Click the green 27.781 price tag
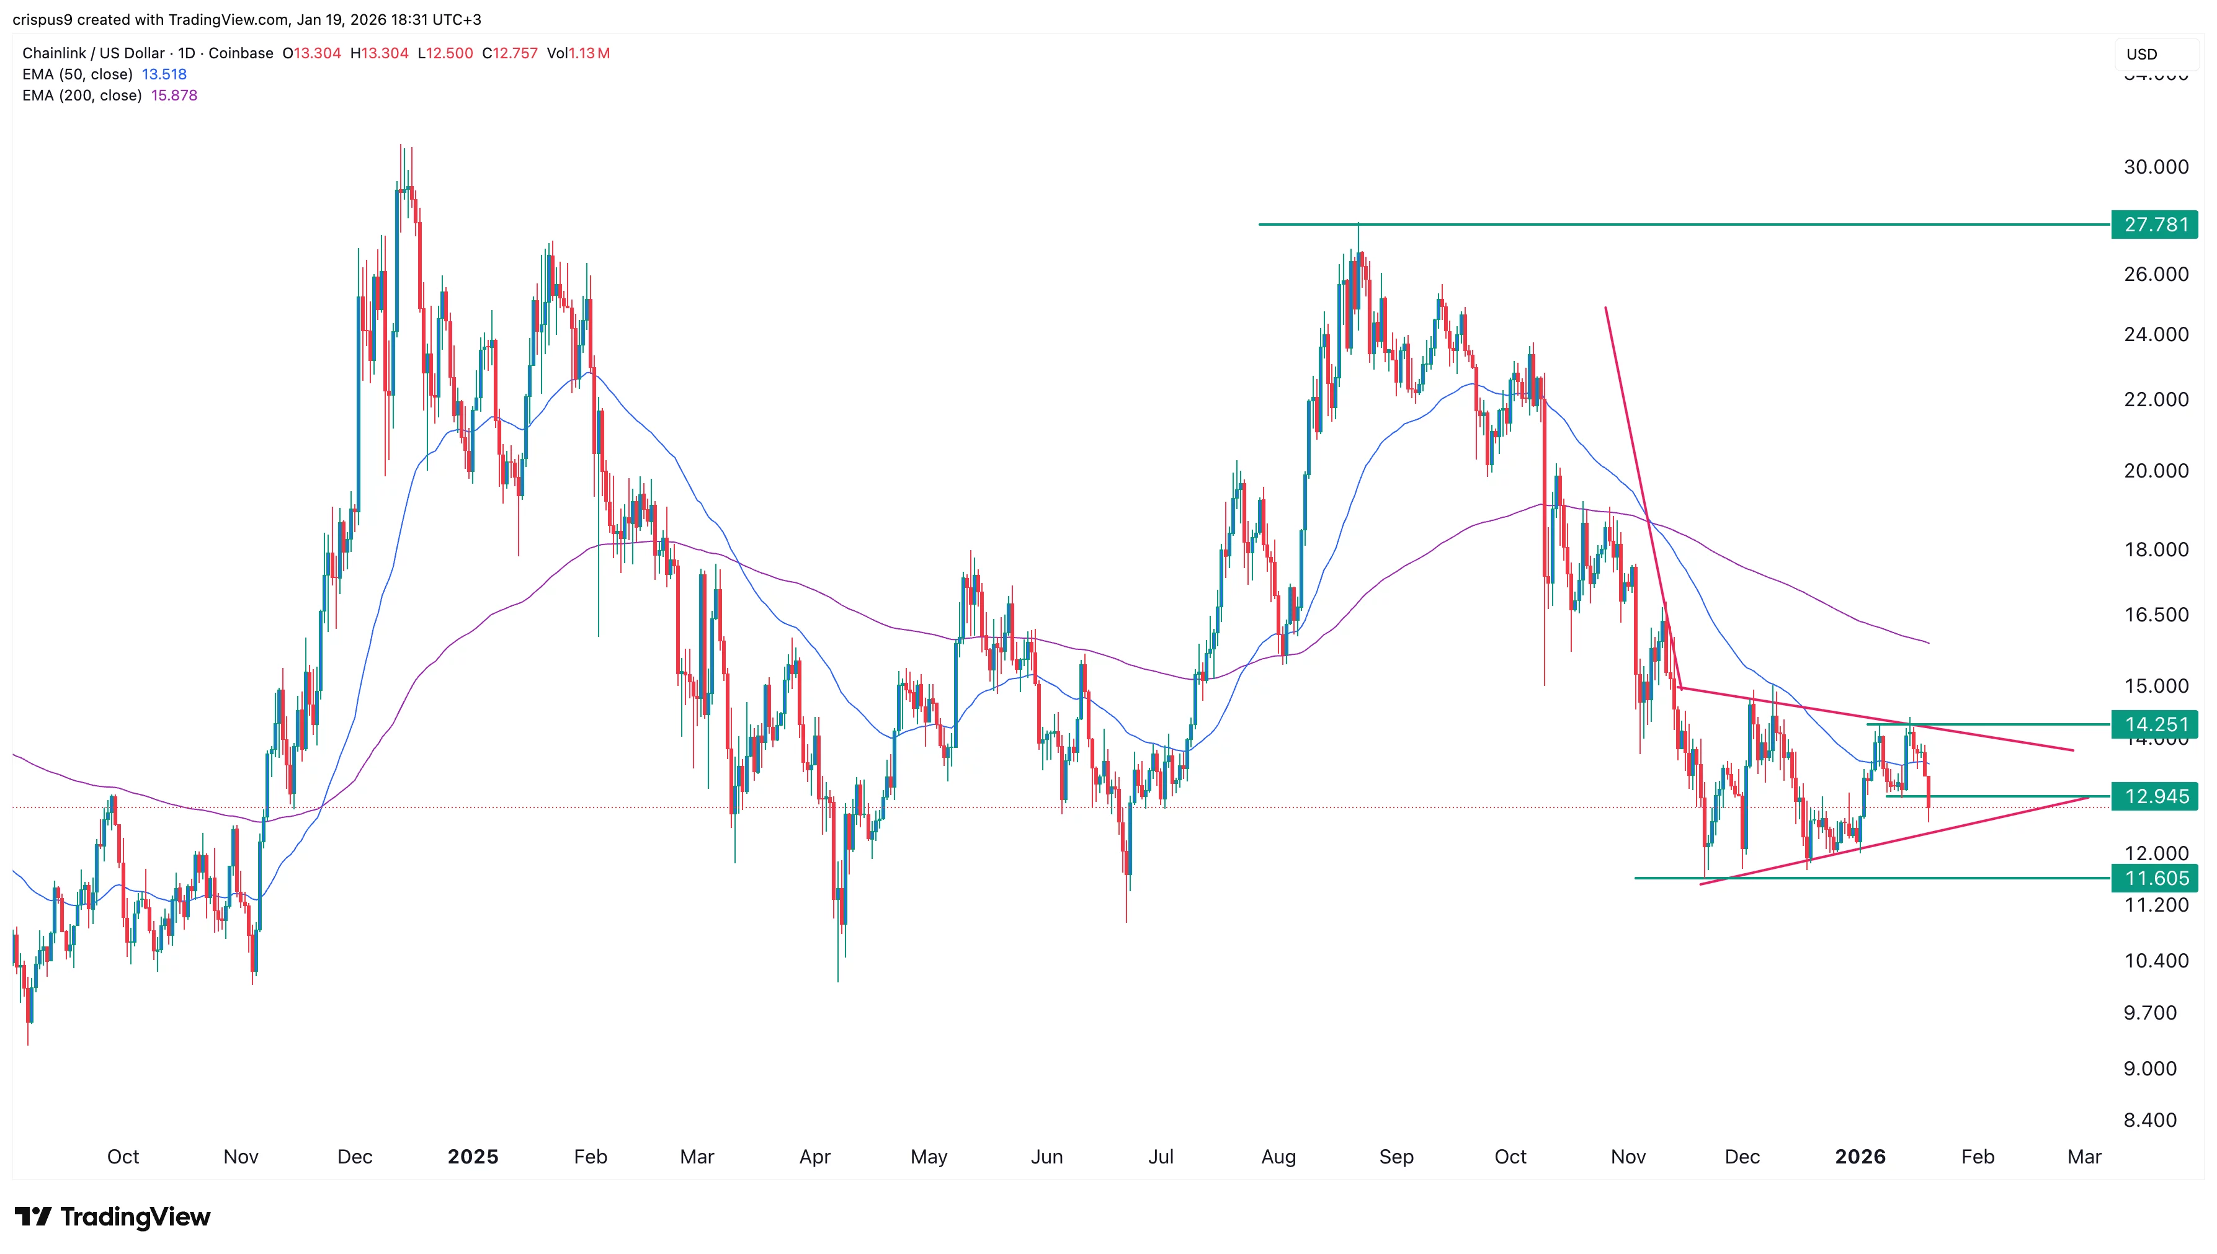2154,225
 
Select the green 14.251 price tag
2154,724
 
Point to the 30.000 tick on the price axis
2155,167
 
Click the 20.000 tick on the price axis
2155,470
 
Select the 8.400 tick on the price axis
2150,1119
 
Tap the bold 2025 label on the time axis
473,1157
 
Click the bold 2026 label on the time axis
1860,1157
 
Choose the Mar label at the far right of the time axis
2084,1157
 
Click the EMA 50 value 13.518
164,74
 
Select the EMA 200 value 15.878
174,96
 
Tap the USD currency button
2142,54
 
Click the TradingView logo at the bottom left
113,1216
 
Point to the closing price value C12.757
510,53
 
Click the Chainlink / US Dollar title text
93,53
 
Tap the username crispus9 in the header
42,19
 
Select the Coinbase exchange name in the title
240,53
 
